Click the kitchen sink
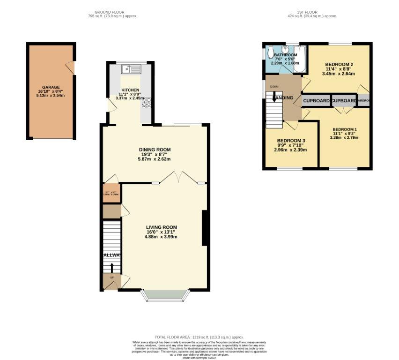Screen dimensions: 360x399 [x=131, y=69]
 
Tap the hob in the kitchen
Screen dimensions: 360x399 [x=146, y=102]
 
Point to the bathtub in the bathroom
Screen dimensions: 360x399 [x=299, y=60]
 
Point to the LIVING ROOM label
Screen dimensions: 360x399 [x=161, y=227]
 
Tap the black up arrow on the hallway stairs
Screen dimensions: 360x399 [x=112, y=268]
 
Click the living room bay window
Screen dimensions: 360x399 [x=165, y=295]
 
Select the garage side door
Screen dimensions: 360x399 [x=70, y=68]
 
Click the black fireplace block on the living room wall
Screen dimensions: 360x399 [x=204, y=228]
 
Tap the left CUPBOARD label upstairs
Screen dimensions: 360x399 [x=317, y=101]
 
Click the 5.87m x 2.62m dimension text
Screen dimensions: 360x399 [x=154, y=159]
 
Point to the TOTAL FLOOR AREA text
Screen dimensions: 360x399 [x=199, y=337]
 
